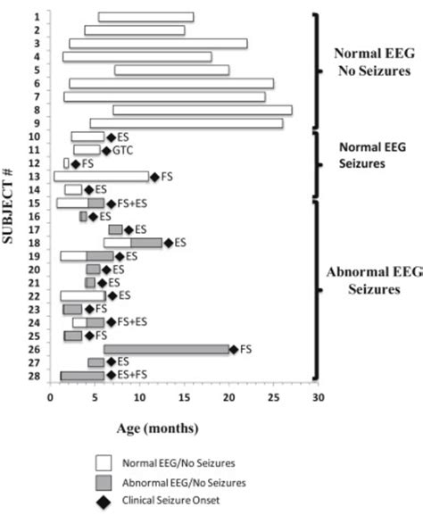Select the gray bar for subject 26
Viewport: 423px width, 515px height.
pyautogui.click(x=167, y=349)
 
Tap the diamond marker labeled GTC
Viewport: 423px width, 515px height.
pyautogui.click(x=106, y=150)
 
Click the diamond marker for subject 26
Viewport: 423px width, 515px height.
pyautogui.click(x=233, y=349)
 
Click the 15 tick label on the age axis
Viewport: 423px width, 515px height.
pyautogui.click(x=184, y=398)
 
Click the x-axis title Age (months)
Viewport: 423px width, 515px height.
pyautogui.click(x=158, y=428)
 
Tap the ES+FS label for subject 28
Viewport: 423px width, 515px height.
pyautogui.click(x=132, y=376)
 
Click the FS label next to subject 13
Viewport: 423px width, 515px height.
pyautogui.click(x=166, y=177)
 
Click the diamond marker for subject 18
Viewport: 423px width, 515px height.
pyautogui.click(x=168, y=243)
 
